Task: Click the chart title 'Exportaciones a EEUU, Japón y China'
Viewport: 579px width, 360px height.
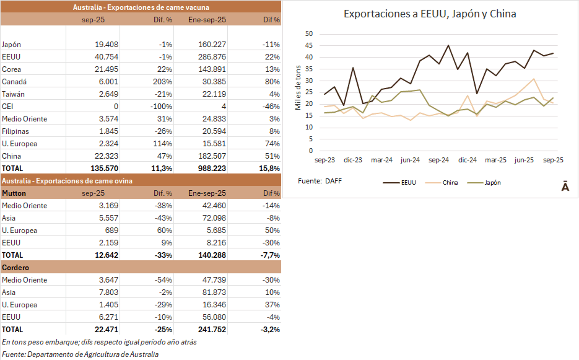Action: (430, 14)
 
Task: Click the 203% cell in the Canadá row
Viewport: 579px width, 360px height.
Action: (162, 81)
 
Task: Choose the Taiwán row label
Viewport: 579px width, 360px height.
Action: (13, 94)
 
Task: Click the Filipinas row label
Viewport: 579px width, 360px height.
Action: (15, 131)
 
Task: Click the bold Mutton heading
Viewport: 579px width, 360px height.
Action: (14, 193)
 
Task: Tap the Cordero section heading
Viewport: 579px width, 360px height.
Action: (16, 267)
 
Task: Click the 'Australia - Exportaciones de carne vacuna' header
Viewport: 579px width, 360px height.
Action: (141, 7)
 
